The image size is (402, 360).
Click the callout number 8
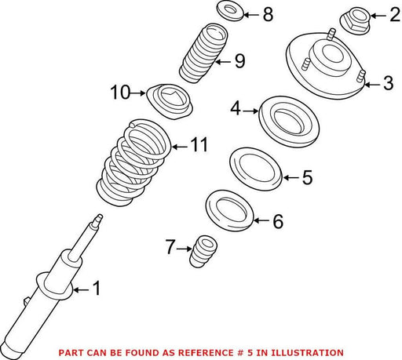point(268,14)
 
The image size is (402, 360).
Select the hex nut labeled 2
point(355,20)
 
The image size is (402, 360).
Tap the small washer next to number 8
point(230,11)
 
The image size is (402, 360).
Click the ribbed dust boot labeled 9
point(203,53)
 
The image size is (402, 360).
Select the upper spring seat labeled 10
point(170,101)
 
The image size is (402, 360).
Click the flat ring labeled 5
point(256,169)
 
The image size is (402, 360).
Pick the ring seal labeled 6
point(229,211)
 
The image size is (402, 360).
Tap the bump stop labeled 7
point(203,252)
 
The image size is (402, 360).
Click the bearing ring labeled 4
point(289,122)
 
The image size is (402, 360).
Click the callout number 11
point(199,144)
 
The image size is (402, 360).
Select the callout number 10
point(120,93)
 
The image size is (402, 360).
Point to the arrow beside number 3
point(372,85)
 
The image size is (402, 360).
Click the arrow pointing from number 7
point(185,249)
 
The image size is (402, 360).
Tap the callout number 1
point(97,289)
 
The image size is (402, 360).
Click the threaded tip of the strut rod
point(100,217)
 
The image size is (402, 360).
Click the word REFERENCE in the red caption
point(206,353)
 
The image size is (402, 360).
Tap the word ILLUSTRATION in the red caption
point(307,353)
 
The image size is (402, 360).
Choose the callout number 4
point(236,108)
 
